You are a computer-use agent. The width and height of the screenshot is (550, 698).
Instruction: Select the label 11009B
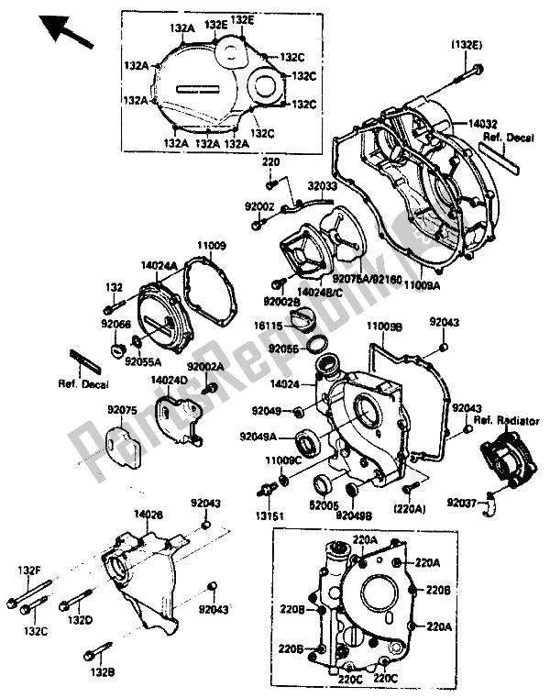click(x=384, y=326)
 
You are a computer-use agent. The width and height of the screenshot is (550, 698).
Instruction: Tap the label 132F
click(x=30, y=570)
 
